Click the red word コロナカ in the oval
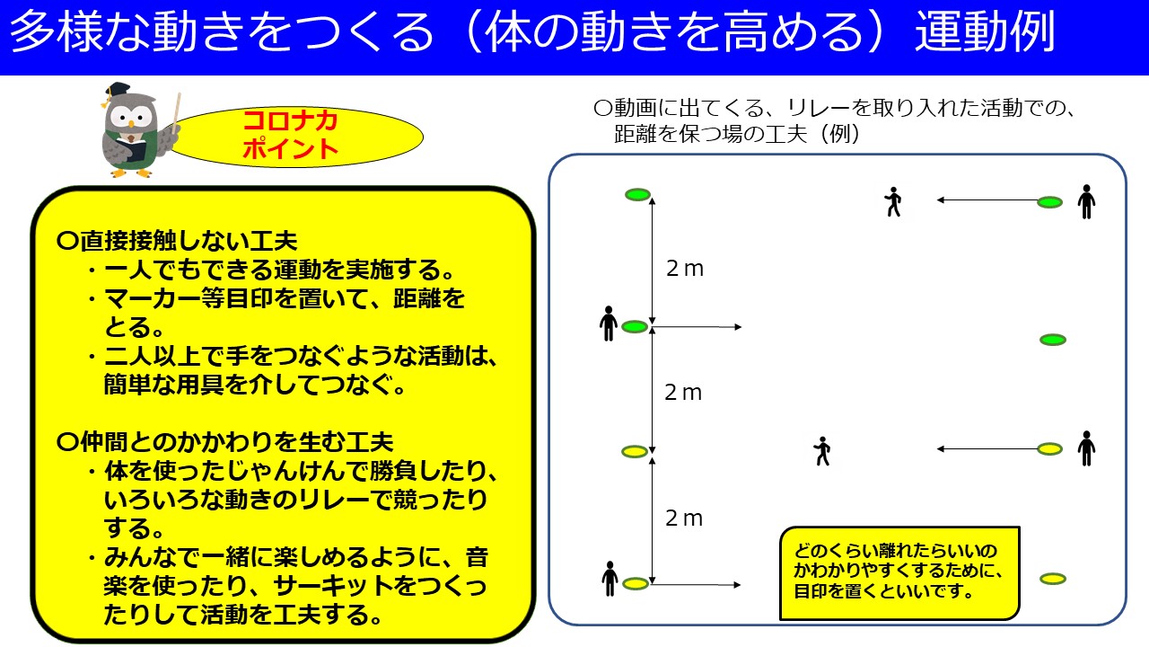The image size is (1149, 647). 290,121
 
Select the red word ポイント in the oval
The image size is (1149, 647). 290,149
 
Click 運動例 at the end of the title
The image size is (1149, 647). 985,31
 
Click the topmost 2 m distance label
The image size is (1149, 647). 685,269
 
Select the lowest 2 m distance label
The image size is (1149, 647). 684,518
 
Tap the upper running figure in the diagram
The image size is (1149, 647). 893,201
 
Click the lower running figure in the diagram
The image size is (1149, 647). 822,451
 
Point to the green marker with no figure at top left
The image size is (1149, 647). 637,195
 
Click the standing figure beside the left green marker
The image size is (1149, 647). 609,323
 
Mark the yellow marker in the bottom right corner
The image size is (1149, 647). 1053,579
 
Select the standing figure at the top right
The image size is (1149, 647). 1086,202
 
